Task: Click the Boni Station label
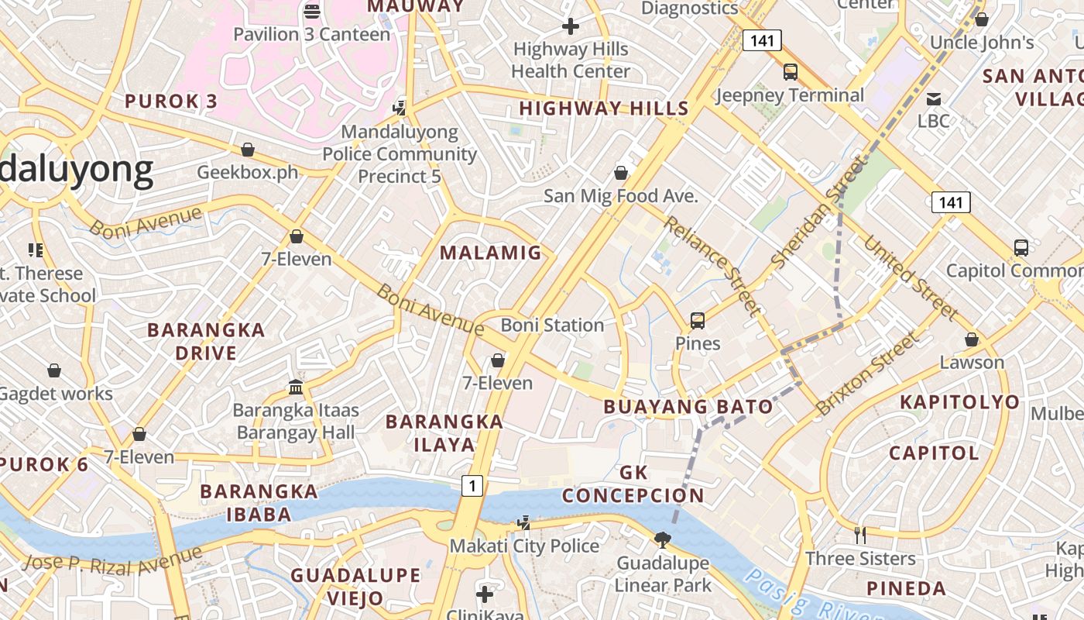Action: tap(551, 325)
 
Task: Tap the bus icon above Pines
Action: tap(697, 320)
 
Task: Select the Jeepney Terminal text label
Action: tap(789, 95)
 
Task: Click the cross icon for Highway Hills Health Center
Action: tap(571, 26)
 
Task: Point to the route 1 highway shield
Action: tap(472, 486)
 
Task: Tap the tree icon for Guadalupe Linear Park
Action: tap(662, 539)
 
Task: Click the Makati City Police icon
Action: tap(524, 523)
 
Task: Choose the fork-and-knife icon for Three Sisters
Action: tap(859, 535)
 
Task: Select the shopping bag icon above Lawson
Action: tap(972, 339)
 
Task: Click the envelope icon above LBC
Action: tap(934, 98)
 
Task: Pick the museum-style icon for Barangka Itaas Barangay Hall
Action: tap(295, 387)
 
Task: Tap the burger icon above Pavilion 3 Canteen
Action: tap(312, 11)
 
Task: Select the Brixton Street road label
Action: tap(869, 372)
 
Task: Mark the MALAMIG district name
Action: tap(490, 253)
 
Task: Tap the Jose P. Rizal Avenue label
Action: tap(113, 560)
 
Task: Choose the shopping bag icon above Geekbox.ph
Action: tap(248, 149)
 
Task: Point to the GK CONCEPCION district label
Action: tap(633, 484)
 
